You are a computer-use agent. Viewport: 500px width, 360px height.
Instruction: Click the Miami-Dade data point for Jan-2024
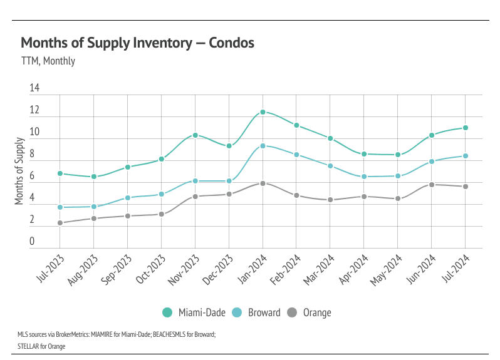(x=263, y=112)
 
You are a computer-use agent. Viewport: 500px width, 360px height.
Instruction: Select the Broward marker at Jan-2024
(x=263, y=146)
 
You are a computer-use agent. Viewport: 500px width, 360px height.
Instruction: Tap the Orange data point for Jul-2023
(x=60, y=223)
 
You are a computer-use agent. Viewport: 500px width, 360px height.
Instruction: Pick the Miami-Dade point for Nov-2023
(x=195, y=135)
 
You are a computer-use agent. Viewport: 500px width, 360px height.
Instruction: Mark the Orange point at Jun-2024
(x=432, y=185)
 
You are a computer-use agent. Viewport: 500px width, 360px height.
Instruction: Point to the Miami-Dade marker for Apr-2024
(x=364, y=154)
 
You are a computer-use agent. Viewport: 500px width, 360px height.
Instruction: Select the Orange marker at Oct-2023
(x=161, y=214)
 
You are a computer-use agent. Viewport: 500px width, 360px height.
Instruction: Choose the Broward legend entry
(x=256, y=312)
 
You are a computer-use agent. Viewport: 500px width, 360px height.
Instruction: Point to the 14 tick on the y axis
(x=34, y=89)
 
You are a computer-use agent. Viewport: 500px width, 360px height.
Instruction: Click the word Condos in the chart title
(x=232, y=43)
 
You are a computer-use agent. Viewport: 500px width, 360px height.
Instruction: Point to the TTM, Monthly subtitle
(x=48, y=61)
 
